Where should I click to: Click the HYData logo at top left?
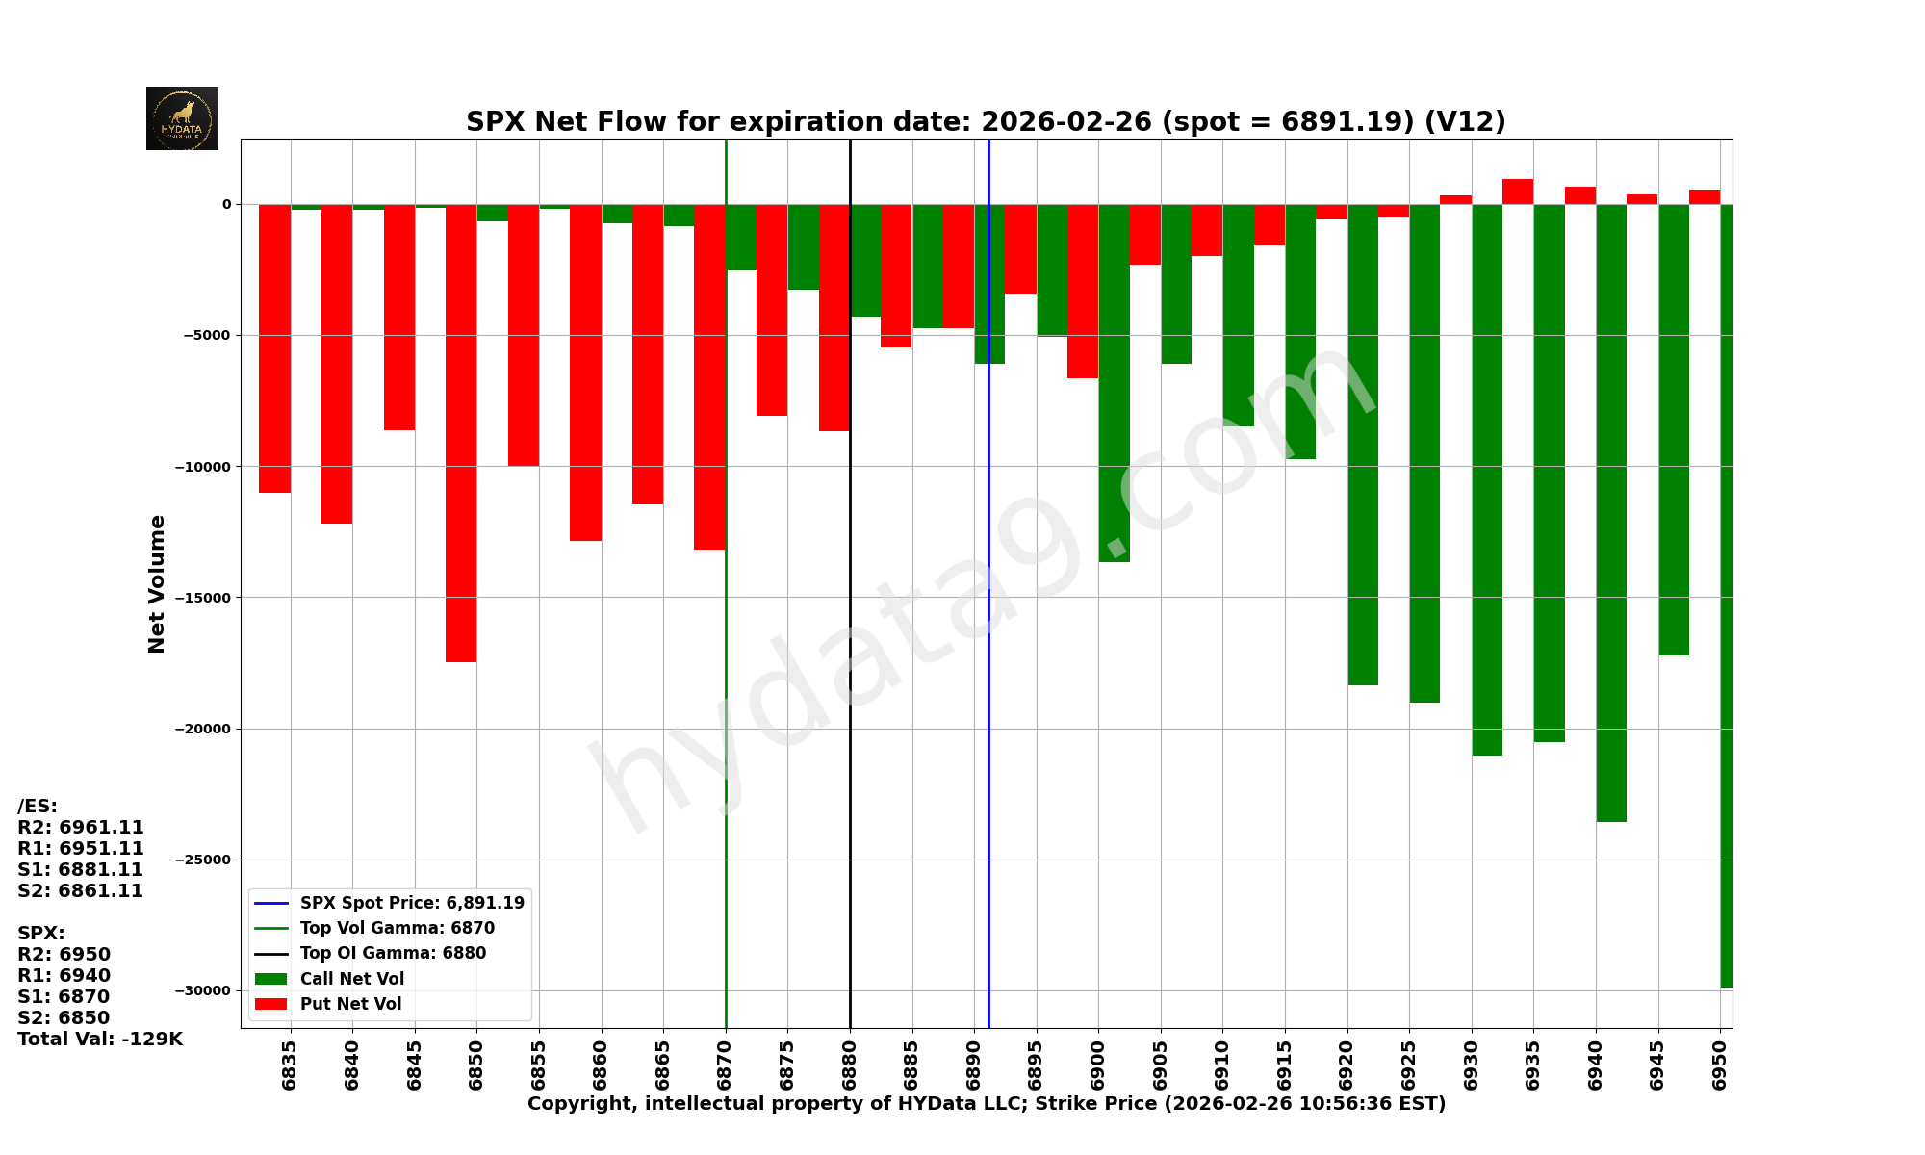[182, 118]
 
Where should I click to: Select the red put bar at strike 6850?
[461, 433]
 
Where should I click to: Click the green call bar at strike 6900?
[1114, 385]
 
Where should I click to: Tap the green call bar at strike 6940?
[1611, 510]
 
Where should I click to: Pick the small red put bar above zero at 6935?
[1518, 192]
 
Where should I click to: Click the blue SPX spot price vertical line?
[988, 674]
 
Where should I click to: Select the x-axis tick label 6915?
[1285, 1065]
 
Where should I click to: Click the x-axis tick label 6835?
[290, 1065]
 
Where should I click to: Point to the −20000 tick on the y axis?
[203, 729]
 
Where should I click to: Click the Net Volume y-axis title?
[157, 583]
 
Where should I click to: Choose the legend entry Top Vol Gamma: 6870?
[397, 928]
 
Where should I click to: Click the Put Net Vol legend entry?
[350, 1004]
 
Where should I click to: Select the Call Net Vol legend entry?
[351, 979]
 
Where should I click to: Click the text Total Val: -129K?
[100, 1039]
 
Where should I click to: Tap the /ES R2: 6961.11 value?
[81, 828]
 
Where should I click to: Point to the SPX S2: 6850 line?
[64, 1018]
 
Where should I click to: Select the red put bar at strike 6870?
[709, 375]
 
